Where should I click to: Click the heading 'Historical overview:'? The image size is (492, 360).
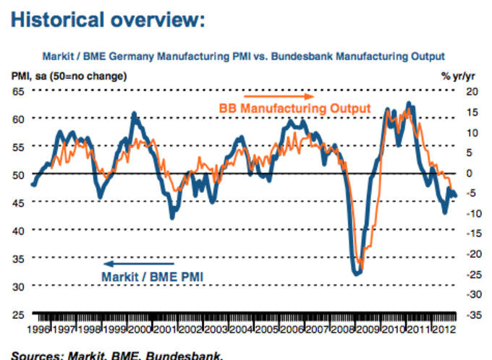108,20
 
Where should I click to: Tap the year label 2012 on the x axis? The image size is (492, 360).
444,330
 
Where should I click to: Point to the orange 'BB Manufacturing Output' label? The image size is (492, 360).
294,108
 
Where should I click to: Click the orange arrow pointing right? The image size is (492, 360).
279,95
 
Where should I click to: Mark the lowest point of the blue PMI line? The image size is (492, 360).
357,273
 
